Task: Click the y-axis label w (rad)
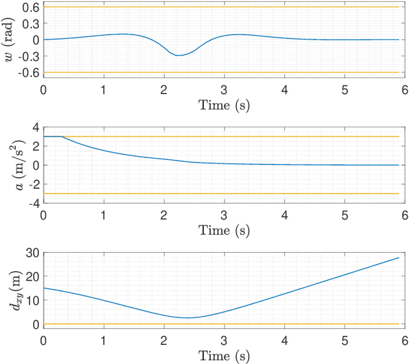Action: (x=8, y=40)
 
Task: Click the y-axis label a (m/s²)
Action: (x=8, y=165)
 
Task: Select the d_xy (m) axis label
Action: (x=8, y=290)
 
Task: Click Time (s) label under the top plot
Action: (x=223, y=105)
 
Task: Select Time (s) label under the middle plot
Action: (x=223, y=230)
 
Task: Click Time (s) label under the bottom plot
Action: (x=223, y=355)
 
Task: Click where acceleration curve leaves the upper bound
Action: (x=61, y=136)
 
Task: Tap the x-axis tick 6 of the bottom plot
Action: (x=405, y=340)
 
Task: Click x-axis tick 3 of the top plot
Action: (x=224, y=90)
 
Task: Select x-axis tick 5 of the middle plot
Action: (x=344, y=215)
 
